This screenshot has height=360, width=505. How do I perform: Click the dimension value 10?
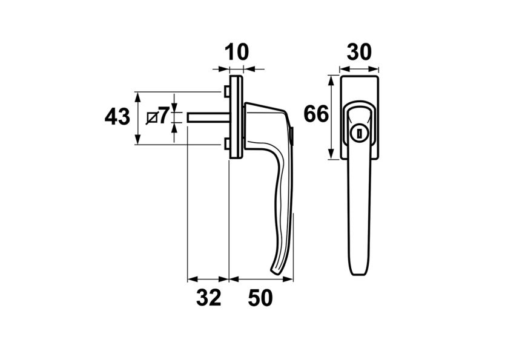[237, 52]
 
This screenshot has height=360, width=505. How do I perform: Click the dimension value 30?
[359, 52]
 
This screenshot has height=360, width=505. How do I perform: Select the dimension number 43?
[117, 117]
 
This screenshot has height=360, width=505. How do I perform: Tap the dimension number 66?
[315, 114]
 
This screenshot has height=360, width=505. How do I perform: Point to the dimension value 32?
[208, 298]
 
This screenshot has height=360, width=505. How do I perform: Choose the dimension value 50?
[260, 298]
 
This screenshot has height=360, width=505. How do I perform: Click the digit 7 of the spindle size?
[163, 114]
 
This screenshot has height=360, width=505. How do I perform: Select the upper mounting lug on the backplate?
[226, 91]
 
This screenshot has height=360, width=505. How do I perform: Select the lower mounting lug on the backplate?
[226, 143]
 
